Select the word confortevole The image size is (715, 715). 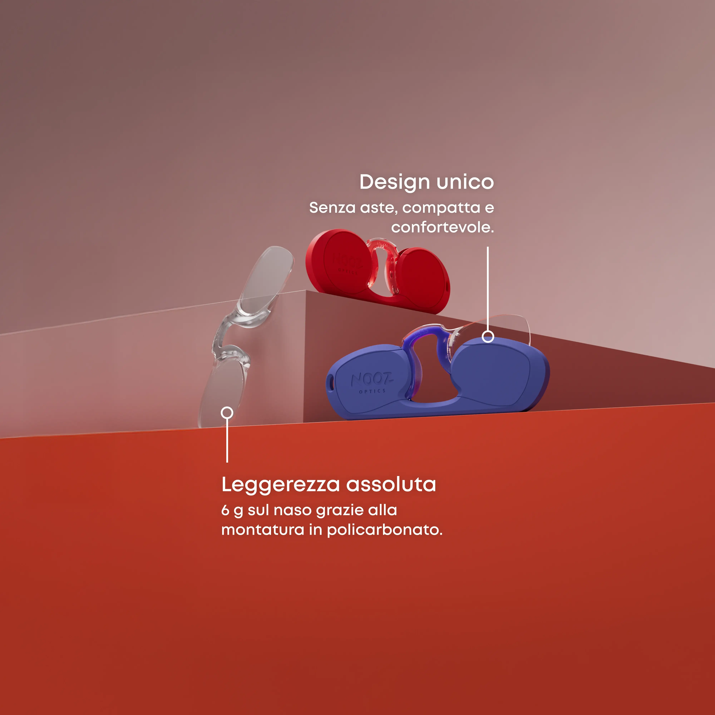point(442,227)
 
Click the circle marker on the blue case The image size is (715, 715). point(488,336)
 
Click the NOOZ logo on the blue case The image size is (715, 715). point(371,379)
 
